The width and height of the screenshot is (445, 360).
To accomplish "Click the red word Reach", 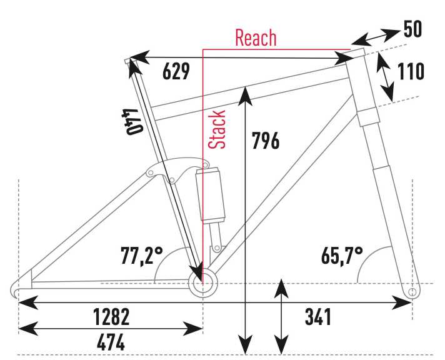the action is [x=256, y=37].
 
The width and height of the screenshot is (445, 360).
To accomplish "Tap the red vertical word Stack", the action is [x=217, y=129].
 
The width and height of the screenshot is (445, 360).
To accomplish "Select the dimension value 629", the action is [x=176, y=71].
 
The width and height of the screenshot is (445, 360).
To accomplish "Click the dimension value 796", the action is [x=266, y=141].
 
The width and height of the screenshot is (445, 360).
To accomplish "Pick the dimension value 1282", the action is [x=111, y=316].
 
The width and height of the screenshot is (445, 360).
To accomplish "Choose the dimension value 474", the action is [x=111, y=342].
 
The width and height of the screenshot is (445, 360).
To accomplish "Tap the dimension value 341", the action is [x=318, y=316].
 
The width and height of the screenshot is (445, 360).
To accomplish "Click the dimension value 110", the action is [x=411, y=71].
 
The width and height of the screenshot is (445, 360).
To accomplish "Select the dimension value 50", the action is [x=412, y=29].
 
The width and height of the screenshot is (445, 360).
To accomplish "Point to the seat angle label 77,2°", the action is [x=142, y=256].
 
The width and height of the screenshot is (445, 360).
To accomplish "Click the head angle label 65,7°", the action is [x=342, y=256].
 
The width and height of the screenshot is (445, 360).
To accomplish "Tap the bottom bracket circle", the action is [x=203, y=283].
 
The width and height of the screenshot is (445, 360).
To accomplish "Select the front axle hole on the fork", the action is [x=412, y=292].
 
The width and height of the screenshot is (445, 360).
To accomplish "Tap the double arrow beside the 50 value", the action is [x=375, y=37].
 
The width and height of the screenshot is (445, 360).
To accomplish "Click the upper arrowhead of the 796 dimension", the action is [x=245, y=96].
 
